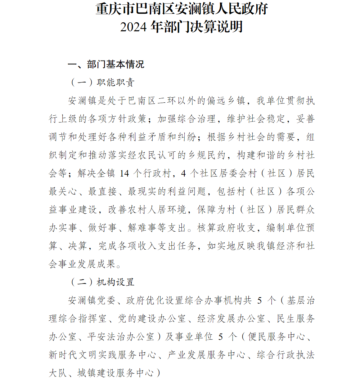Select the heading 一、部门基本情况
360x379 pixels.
tap(106, 64)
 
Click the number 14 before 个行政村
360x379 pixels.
tap(124, 173)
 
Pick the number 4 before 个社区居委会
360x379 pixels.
tap(184, 173)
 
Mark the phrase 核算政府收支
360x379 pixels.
tap(226, 228)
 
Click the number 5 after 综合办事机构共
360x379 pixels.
tap(261, 300)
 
